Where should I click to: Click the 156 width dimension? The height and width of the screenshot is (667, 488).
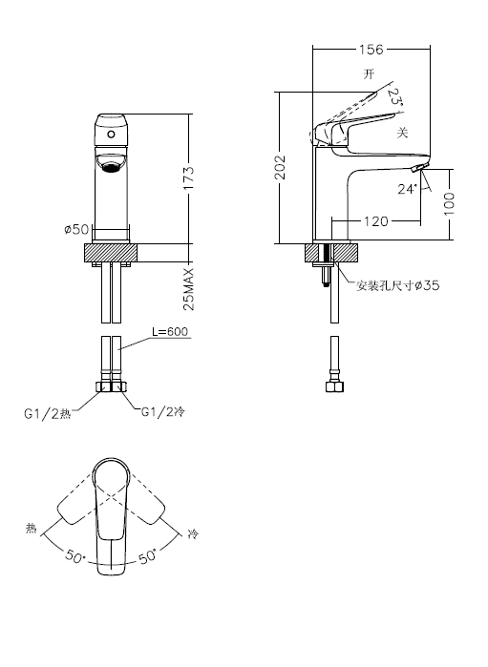[371, 50]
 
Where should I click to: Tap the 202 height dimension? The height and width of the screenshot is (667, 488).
[280, 167]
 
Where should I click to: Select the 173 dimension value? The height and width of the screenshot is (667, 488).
[189, 177]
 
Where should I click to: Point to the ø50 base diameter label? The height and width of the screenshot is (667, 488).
[77, 229]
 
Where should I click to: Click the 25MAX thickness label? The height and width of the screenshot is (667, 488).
[188, 289]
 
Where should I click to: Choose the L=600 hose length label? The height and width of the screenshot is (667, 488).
[170, 331]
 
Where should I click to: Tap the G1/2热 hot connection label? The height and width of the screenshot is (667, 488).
[47, 413]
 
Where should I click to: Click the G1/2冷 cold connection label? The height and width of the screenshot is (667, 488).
[163, 411]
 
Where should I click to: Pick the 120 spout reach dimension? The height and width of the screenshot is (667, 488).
[376, 221]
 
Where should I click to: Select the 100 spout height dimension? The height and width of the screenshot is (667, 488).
[449, 204]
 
